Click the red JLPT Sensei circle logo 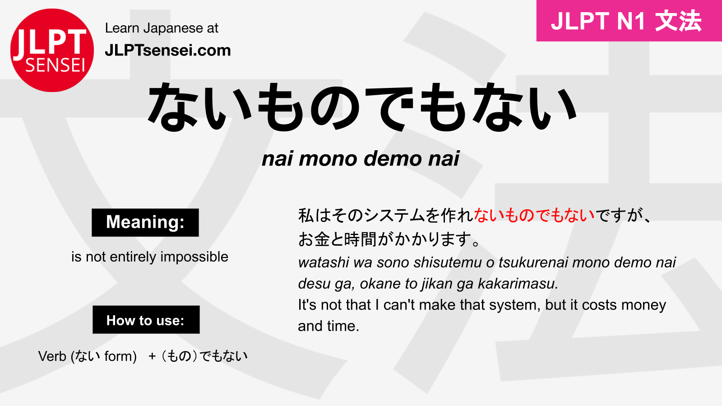pyautogui.click(x=52, y=50)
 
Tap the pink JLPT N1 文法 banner pyautogui.click(x=629, y=21)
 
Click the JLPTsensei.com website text pyautogui.click(x=168, y=51)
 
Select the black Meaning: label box pyautogui.click(x=145, y=223)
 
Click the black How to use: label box pyautogui.click(x=146, y=320)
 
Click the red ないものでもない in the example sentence pyautogui.click(x=534, y=215)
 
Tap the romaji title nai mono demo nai pyautogui.click(x=361, y=158)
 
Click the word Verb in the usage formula pyautogui.click(x=52, y=356)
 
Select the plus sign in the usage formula pyautogui.click(x=152, y=356)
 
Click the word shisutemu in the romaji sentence pyautogui.click(x=448, y=263)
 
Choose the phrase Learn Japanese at pyautogui.click(x=162, y=28)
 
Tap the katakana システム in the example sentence pyautogui.click(x=394, y=215)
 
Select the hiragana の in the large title pyautogui.click(x=335, y=107)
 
